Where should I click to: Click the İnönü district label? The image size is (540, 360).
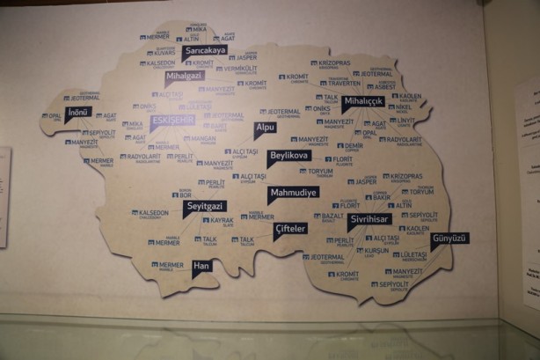click(x=77, y=112)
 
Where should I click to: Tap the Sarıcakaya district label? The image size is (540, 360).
click(x=205, y=51)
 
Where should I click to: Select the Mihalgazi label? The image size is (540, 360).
click(x=184, y=76)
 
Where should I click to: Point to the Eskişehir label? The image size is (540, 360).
click(x=171, y=119)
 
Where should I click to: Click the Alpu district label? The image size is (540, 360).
click(x=265, y=128)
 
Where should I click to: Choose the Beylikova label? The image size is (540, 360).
click(x=289, y=155)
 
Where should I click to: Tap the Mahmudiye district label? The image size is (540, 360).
click(x=294, y=192)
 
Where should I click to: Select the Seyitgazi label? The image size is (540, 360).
click(x=205, y=206)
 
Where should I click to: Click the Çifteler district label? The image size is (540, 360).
click(x=290, y=228)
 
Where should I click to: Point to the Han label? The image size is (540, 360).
click(x=202, y=264)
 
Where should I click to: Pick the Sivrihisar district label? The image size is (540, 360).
click(x=369, y=217)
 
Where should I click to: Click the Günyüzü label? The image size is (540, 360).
click(x=449, y=238)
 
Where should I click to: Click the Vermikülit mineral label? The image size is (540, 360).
click(x=237, y=69)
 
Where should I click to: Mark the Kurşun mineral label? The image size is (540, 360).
click(x=375, y=250)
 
